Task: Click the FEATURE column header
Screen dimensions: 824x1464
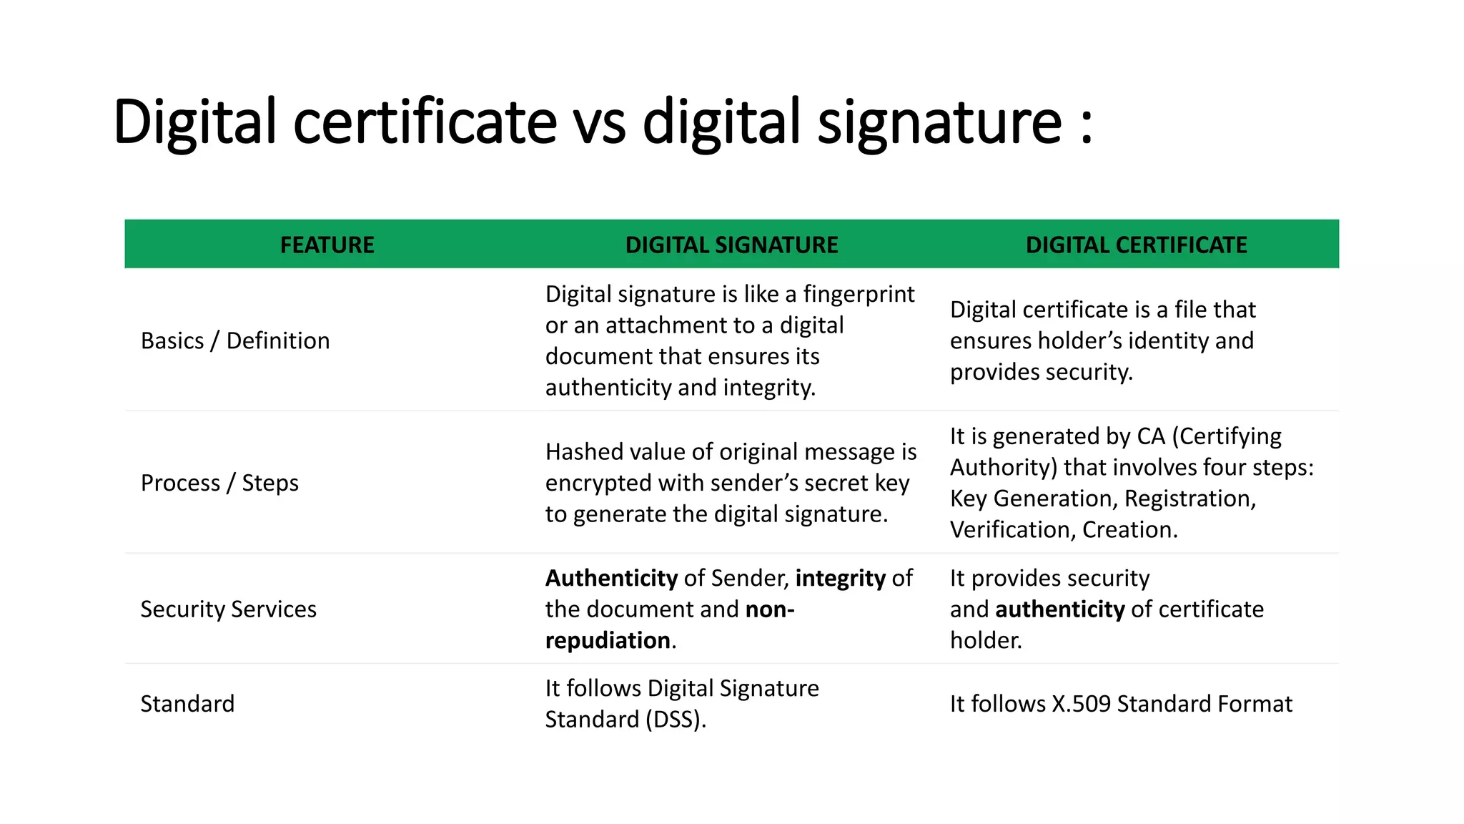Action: (327, 245)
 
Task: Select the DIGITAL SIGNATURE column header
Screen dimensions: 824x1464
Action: (731, 245)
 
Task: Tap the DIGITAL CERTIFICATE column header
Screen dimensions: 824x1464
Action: (1136, 245)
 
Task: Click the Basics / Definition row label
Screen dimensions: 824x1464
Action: (235, 340)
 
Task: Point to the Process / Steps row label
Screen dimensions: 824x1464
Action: (219, 483)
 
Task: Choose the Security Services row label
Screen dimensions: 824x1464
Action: (228, 609)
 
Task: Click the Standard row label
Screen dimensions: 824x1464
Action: (187, 704)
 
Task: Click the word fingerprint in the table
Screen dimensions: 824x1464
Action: (859, 294)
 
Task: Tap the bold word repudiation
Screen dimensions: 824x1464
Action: (608, 640)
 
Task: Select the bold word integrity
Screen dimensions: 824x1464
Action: (841, 578)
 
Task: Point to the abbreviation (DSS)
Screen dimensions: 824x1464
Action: (675, 720)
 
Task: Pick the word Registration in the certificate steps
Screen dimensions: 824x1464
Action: (1189, 499)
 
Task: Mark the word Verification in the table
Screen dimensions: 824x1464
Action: (1012, 530)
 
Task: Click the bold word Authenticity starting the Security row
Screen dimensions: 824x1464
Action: (611, 578)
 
